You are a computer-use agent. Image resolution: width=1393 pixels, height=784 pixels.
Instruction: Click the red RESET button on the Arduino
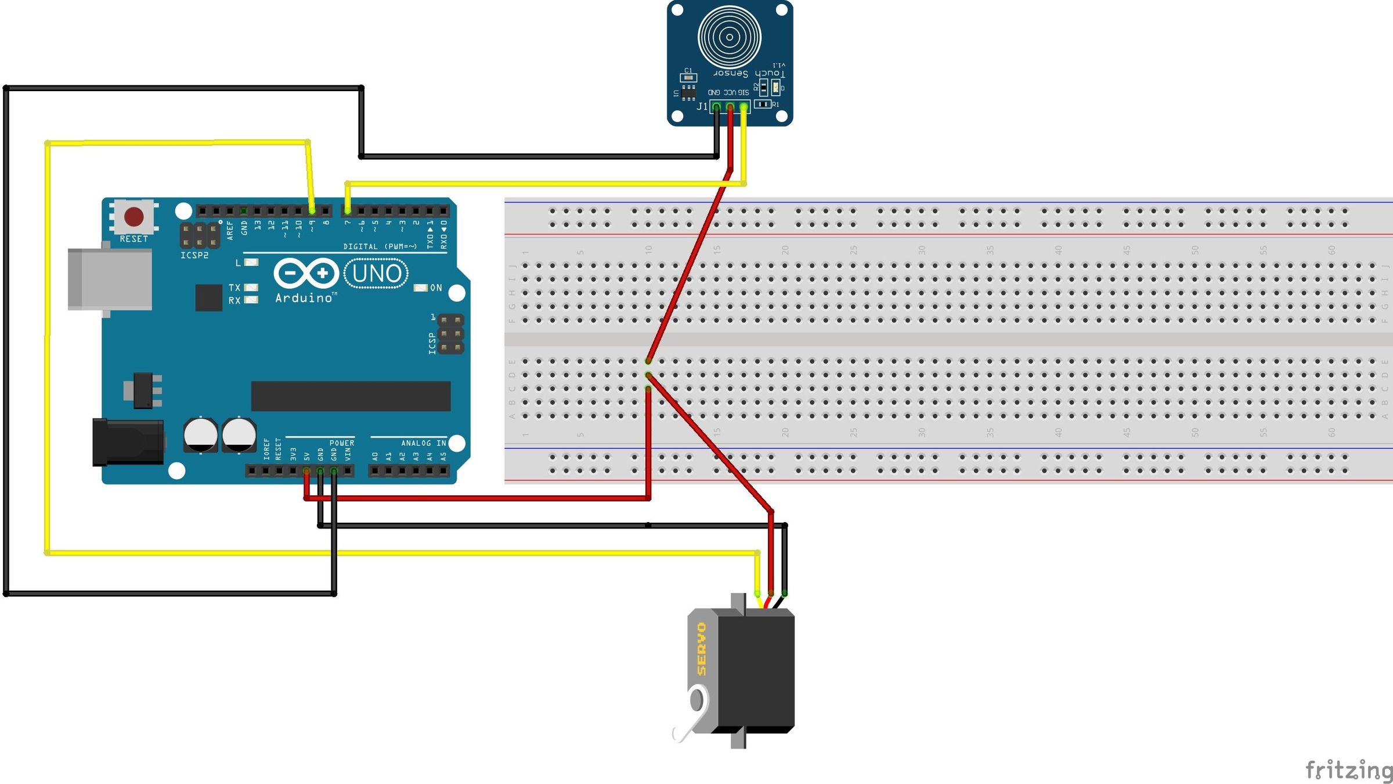134,217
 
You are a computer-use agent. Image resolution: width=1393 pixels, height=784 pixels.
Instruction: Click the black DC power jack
128,443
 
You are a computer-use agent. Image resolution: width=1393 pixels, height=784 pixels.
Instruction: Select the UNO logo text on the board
376,274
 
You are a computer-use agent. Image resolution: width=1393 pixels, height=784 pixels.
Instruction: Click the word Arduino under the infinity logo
304,298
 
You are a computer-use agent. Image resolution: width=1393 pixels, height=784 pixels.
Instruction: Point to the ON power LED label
436,288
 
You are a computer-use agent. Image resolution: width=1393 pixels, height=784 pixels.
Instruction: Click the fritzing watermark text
1348,770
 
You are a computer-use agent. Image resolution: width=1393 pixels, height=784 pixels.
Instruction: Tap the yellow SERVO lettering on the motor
702,649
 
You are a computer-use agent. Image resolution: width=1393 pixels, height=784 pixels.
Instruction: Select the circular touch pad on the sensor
730,37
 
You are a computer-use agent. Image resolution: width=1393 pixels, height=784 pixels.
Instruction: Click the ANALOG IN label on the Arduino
424,443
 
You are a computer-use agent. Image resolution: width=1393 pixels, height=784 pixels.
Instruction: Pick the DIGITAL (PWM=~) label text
380,247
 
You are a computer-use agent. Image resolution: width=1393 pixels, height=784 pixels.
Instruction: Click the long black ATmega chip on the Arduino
351,396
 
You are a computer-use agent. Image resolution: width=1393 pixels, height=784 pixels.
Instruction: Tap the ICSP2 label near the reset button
194,256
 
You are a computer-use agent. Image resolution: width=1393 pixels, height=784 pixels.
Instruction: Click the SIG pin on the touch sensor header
744,107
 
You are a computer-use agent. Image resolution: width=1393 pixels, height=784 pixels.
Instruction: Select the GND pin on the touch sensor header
716,107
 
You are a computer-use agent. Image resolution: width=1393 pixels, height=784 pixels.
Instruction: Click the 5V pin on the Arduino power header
306,471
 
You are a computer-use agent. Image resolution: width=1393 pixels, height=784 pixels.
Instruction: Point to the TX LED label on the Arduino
234,287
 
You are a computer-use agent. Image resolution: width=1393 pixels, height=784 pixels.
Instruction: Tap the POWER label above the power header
341,443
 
